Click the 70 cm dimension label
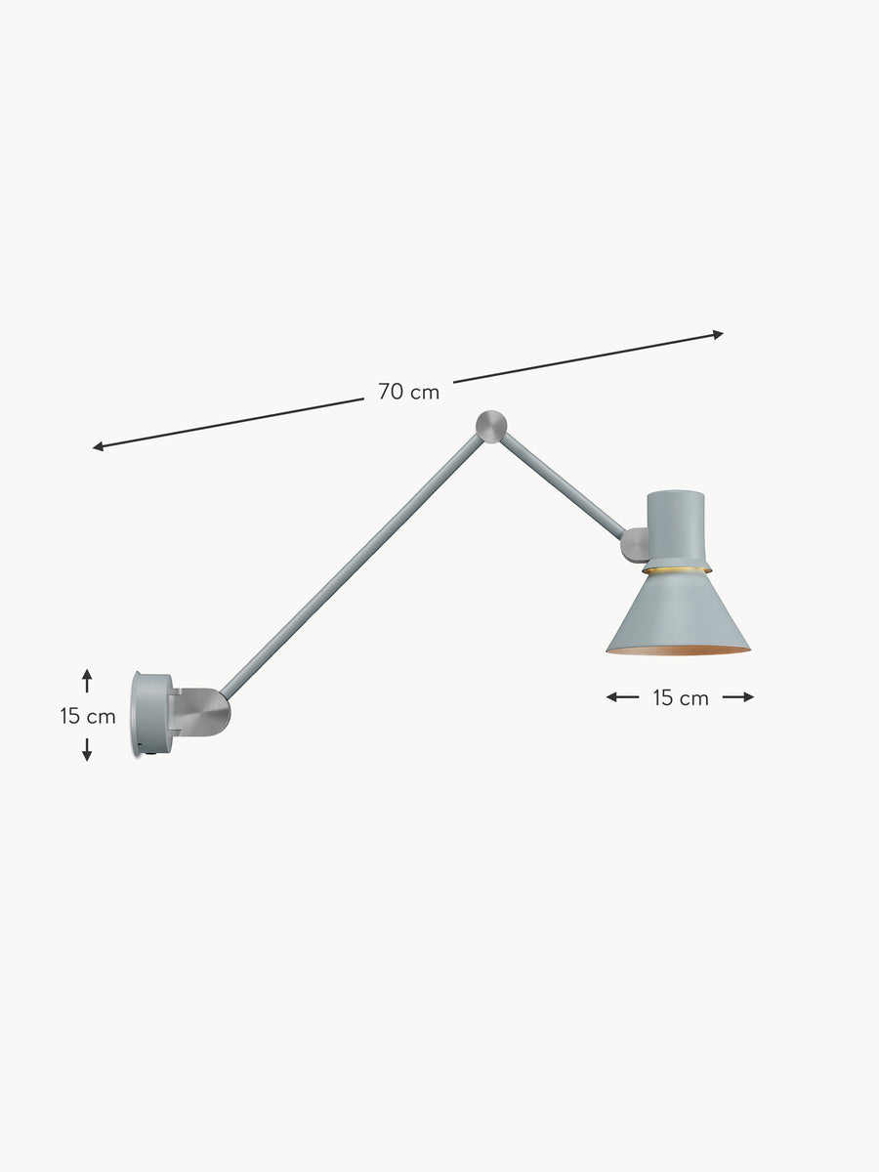(409, 392)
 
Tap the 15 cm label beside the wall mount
(88, 716)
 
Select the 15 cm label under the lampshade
(681, 698)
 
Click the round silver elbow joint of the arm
(491, 426)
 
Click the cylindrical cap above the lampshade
(676, 524)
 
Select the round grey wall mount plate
(152, 714)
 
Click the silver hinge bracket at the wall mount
(201, 712)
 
